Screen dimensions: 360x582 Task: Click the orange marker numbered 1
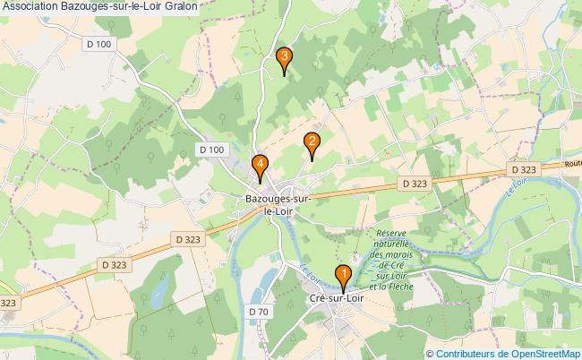(342, 274)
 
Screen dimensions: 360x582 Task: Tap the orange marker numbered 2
(312, 141)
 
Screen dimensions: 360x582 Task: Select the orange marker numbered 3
(284, 58)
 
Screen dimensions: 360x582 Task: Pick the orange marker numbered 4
(260, 164)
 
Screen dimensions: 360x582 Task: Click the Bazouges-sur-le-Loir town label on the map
(278, 204)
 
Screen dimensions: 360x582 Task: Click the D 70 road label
(257, 311)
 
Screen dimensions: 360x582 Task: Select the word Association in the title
(33, 6)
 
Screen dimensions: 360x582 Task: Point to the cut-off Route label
(572, 164)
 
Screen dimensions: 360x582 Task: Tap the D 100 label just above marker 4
(211, 149)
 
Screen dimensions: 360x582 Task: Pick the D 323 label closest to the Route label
(522, 169)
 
